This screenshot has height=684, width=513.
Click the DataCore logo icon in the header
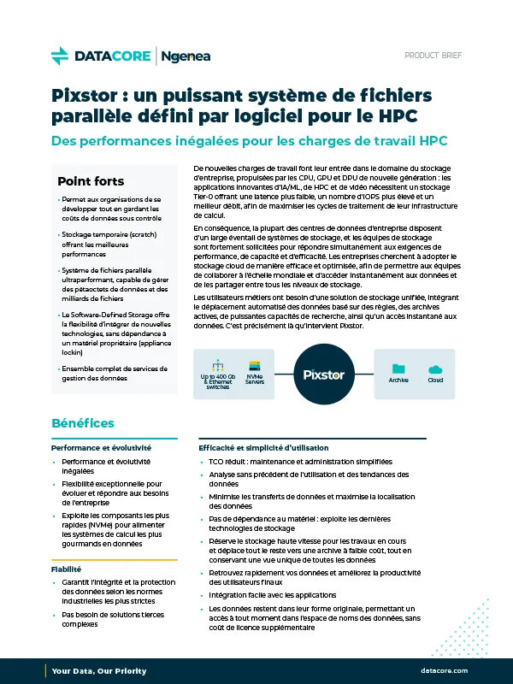pyautogui.click(x=60, y=56)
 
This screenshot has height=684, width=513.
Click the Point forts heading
pyautogui.click(x=91, y=181)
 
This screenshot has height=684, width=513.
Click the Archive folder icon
pyautogui.click(x=398, y=345)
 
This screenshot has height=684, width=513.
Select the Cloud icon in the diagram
pyautogui.click(x=435, y=345)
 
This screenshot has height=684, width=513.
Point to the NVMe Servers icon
pyautogui.click(x=254, y=342)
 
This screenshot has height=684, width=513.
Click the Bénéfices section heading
pyautogui.click(x=83, y=423)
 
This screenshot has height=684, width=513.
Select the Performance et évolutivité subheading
pyautogui.click(x=101, y=447)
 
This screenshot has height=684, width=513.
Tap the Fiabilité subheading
pyautogui.click(x=68, y=569)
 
